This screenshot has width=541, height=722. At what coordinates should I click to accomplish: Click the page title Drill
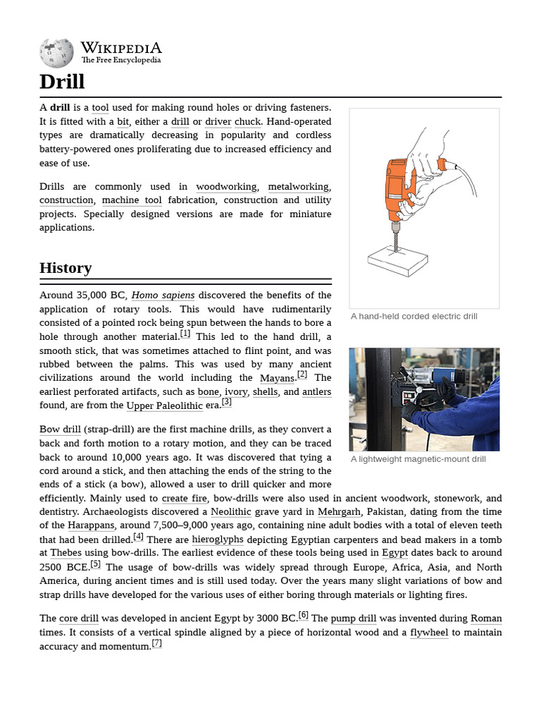coord(62,82)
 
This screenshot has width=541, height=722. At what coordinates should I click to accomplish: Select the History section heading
coord(66,268)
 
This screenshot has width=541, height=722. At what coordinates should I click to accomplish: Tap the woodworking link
coord(226,187)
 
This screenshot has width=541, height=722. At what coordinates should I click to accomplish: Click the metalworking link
coord(298,187)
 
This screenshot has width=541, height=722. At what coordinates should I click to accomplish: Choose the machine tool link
coord(132,200)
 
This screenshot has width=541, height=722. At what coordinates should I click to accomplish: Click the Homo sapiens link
coord(163,295)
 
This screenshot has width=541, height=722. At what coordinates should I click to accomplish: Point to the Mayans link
coord(277,379)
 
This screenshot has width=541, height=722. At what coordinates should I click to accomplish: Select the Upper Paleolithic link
coord(163,406)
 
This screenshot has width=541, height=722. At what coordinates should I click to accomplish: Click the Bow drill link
coord(60,430)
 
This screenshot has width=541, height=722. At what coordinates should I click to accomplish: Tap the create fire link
coord(185,498)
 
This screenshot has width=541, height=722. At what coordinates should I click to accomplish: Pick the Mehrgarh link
coord(340,512)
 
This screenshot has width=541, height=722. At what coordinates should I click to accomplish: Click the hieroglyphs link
coord(218,539)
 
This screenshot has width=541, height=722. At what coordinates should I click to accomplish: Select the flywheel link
coord(429,632)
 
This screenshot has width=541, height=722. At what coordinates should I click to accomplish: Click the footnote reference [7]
coord(157,644)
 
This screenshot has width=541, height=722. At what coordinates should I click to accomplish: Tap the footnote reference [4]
coord(138,537)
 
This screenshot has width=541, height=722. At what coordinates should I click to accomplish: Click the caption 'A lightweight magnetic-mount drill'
coord(418,459)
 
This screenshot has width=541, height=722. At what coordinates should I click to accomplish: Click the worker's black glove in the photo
coord(445,388)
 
